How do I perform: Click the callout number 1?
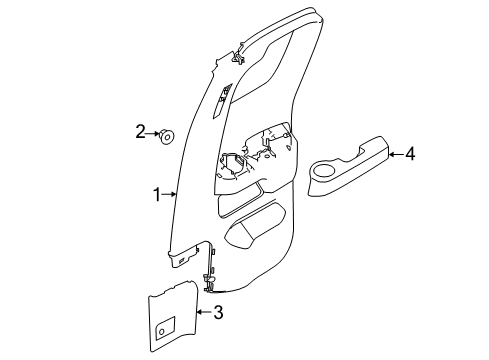157,194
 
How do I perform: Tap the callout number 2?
140,132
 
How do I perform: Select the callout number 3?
218,313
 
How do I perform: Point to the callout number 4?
410,154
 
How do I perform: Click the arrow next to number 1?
169,194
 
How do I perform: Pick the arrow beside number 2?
153,133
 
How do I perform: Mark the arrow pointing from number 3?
205,312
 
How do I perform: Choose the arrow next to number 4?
396,154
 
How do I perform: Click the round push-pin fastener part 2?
167,136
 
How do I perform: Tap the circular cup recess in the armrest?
324,171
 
